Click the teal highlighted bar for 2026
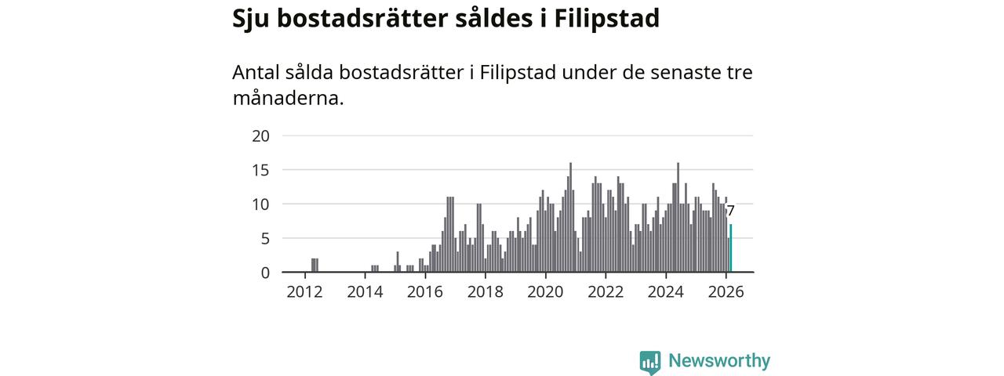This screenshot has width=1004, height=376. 731,248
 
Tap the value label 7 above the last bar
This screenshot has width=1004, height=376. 730,211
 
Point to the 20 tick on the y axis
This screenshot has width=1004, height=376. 260,136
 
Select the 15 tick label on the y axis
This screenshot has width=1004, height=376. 260,170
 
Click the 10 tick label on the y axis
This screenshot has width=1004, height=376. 260,204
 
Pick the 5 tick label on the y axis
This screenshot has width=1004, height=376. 265,238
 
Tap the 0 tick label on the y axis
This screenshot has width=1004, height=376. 265,273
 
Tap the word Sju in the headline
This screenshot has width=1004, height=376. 252,19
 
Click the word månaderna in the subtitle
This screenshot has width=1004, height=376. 288,99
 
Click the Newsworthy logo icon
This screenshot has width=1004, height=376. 649,362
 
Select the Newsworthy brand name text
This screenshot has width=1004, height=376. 718,361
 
